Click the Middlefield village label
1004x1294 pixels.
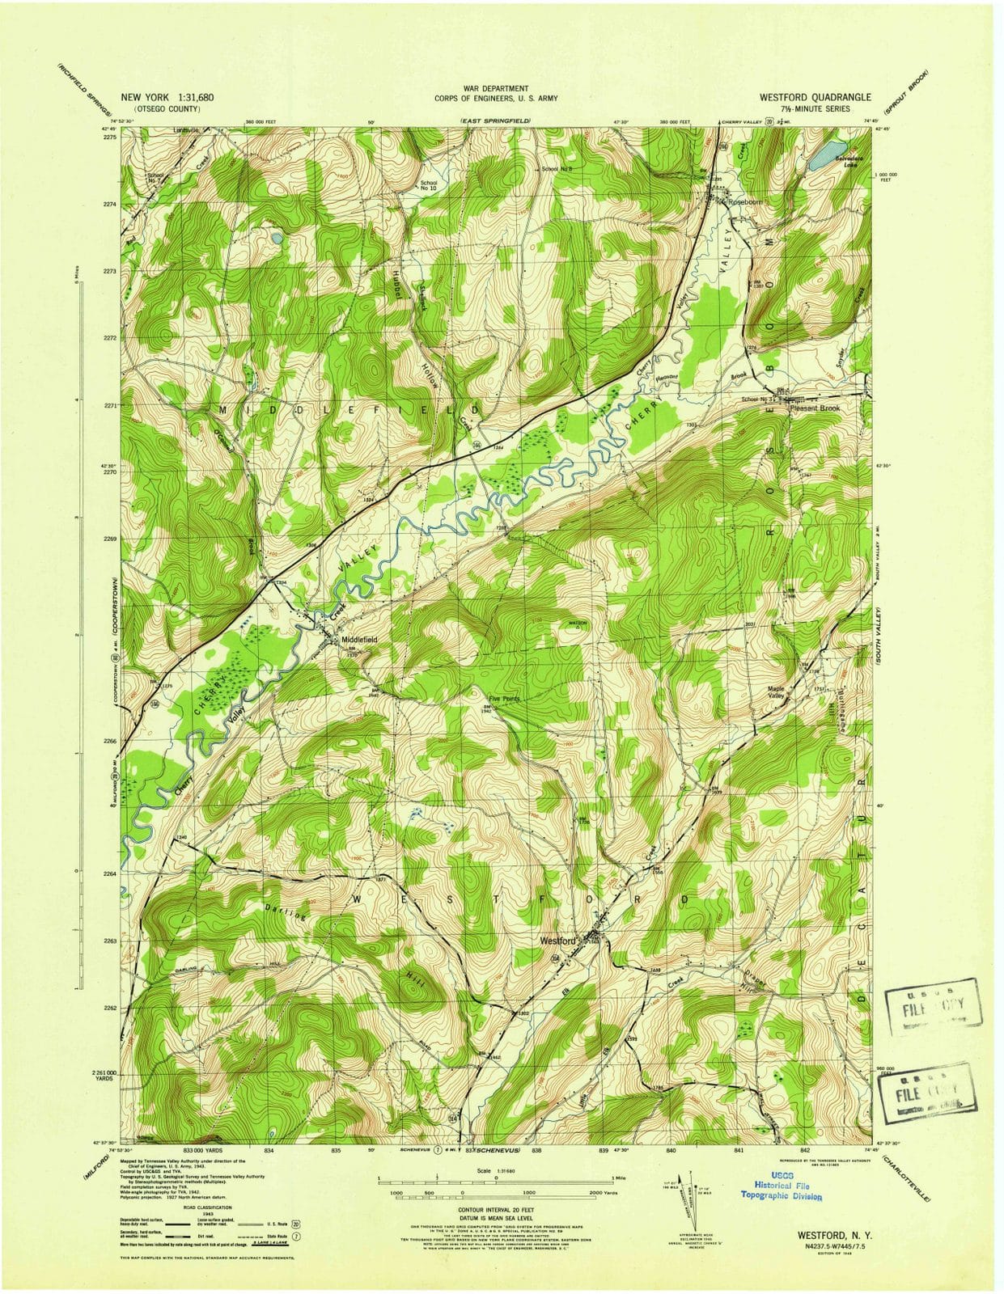[x=359, y=639]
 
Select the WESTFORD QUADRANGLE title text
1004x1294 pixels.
[x=815, y=96]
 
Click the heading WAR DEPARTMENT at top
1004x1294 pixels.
[x=496, y=87]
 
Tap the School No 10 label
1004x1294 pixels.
[x=428, y=186]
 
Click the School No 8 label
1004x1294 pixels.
[x=557, y=168]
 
